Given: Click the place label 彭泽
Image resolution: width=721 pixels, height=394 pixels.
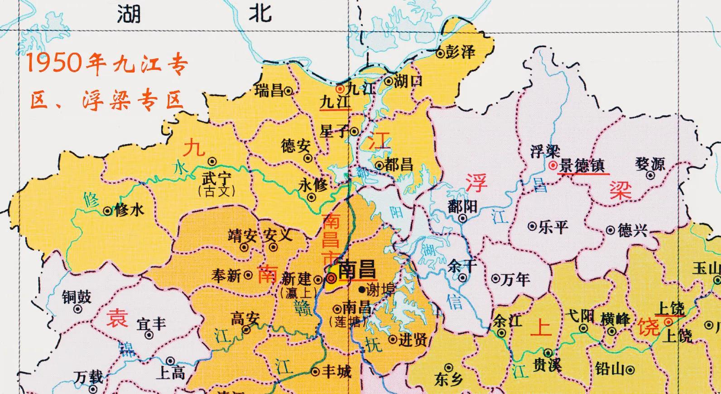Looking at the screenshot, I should coord(461,52).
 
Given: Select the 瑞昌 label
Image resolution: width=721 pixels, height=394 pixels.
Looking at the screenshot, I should coord(269,90).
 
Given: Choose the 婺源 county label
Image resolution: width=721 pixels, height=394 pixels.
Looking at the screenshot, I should coord(649,164).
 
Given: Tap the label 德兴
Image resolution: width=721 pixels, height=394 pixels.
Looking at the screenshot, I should coord(633,230).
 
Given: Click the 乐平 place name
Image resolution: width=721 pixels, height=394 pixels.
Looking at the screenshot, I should coord(553,226).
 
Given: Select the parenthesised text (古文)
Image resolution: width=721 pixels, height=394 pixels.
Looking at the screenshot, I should coord(216,191).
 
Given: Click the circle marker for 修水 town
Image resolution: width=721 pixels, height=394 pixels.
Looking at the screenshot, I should coord(107,211).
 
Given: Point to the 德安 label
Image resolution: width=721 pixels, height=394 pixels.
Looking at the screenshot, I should coord(295,146).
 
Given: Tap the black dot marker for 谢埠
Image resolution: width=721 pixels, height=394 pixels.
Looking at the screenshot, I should coord(362,289).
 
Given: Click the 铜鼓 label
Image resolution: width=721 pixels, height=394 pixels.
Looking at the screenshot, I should coord(77,297).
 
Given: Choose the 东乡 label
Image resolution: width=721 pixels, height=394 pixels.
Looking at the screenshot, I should coord(448,379).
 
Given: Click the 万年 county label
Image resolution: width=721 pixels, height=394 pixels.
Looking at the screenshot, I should coord(516,279).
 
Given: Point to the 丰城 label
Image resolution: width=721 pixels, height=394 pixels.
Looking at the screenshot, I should coord(336,372).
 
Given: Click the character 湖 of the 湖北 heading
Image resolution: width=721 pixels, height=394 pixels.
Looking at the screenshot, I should coord(129,14).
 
